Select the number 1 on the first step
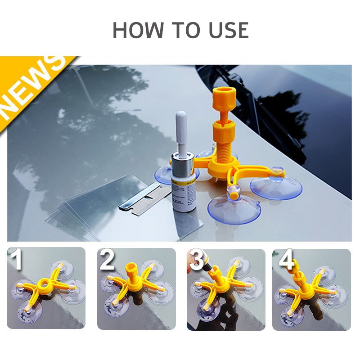tap(17, 261)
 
